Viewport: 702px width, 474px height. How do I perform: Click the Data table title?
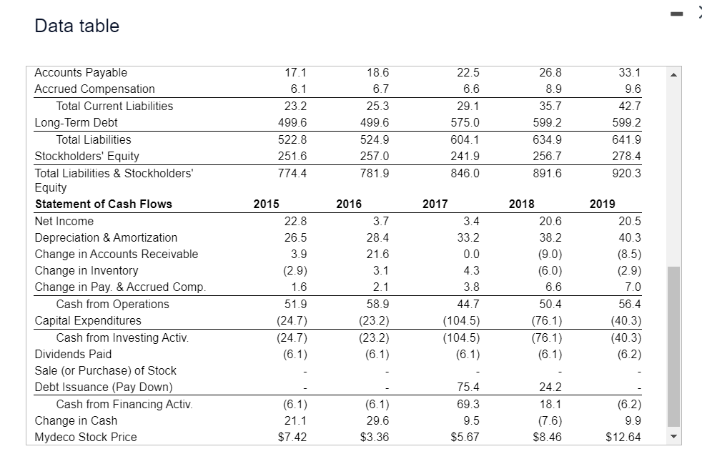tap(76, 26)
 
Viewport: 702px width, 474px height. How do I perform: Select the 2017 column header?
tap(435, 204)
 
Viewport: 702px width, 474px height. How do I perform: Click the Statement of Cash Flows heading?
tap(104, 204)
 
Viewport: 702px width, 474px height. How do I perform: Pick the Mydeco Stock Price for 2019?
tap(623, 437)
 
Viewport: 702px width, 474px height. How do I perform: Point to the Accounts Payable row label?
tap(81, 72)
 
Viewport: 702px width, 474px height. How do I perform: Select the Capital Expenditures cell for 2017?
tap(461, 320)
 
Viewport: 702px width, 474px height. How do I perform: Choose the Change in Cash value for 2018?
tap(550, 420)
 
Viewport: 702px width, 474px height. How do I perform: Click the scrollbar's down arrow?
tap(673, 436)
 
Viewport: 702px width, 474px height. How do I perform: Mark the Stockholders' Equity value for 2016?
tap(377, 156)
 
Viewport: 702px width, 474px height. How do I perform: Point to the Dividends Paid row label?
tap(73, 354)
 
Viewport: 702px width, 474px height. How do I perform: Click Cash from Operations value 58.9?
tap(377, 304)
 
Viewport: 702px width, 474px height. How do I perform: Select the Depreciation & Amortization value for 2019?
tap(629, 237)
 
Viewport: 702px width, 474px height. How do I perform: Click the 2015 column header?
tap(266, 204)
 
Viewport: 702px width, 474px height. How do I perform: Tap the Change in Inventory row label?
tap(86, 270)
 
